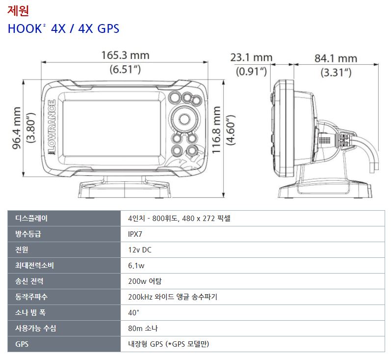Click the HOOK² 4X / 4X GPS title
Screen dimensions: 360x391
pos(63,28)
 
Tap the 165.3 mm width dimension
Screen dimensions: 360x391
pos(125,55)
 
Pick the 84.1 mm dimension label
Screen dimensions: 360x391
pos(336,58)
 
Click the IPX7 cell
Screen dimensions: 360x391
pos(135,234)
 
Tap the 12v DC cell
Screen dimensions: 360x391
pos(140,249)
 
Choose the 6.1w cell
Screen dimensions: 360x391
pos(136,265)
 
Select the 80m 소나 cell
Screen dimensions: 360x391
pos(143,328)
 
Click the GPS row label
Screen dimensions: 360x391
pos(22,344)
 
